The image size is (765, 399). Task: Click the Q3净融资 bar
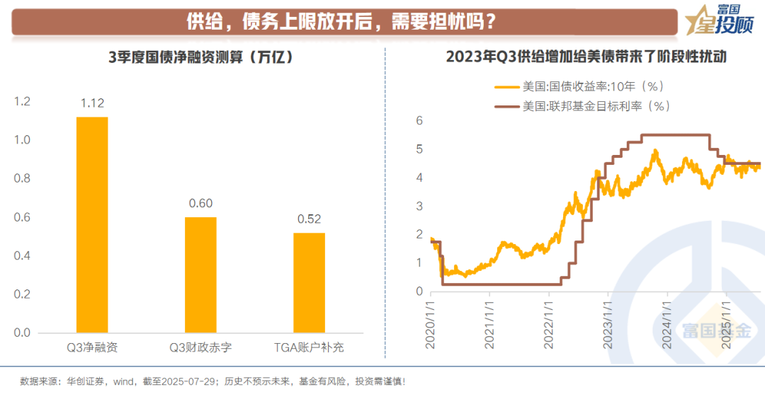[92, 225]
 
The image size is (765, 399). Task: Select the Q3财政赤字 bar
[200, 274]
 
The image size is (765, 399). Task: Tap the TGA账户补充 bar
[310, 282]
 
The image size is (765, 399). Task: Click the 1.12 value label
[92, 103]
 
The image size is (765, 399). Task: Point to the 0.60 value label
[200, 204]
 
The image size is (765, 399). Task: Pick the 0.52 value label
[310, 219]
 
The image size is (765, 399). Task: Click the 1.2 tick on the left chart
[23, 102]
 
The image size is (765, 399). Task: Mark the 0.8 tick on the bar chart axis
[23, 179]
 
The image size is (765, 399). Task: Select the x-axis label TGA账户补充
[310, 347]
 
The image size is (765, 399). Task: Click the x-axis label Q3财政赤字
[200, 347]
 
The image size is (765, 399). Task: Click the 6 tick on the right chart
[419, 121]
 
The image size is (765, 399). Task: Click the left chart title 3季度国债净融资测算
[200, 57]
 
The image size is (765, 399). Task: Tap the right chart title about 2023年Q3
[586, 57]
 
